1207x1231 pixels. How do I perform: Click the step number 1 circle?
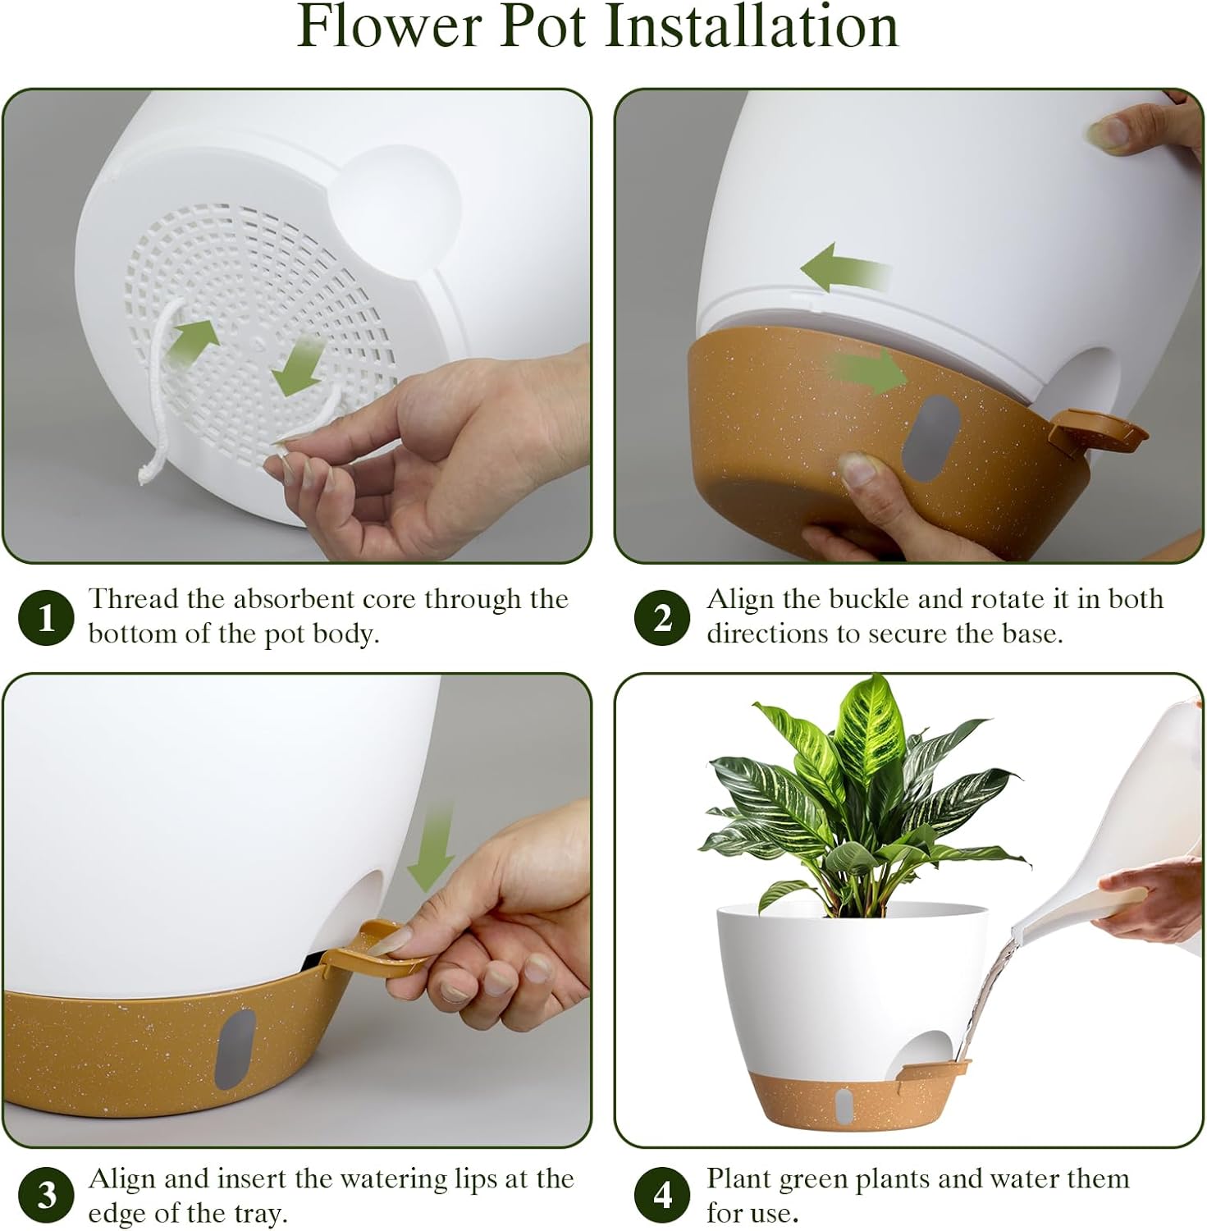tap(46, 616)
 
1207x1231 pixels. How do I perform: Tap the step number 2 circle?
tap(662, 616)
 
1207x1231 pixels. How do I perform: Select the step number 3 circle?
tap(46, 1195)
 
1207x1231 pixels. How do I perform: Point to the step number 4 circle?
tap(662, 1195)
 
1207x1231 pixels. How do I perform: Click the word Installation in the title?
tap(752, 26)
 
